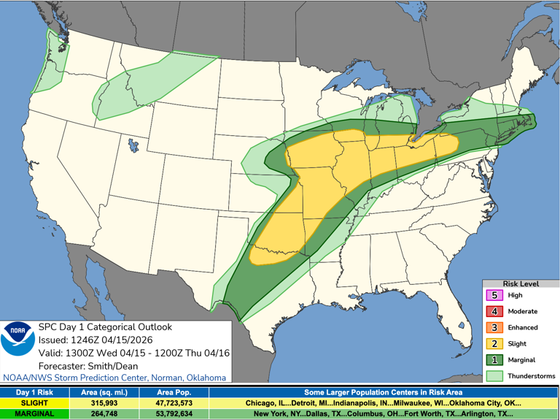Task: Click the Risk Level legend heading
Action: tap(521, 283)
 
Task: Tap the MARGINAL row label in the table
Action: tap(34, 413)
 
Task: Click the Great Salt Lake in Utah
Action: tap(132, 144)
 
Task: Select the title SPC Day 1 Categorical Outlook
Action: tap(104, 327)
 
